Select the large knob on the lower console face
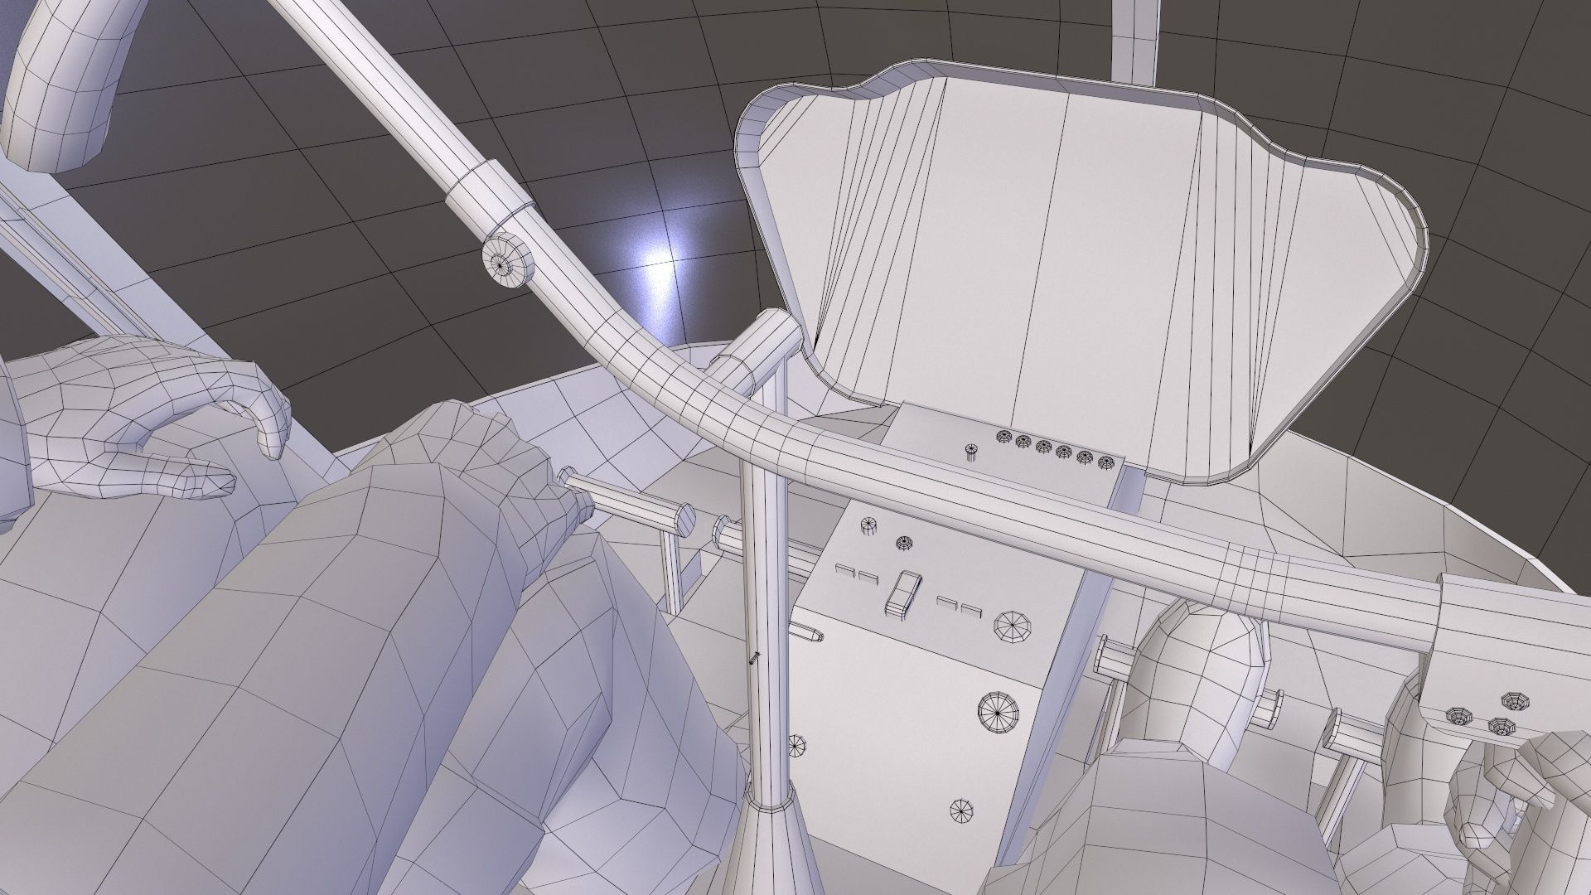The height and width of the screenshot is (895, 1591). click(999, 710)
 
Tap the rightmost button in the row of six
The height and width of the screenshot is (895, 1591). click(1105, 463)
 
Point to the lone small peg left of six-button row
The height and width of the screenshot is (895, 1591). click(971, 452)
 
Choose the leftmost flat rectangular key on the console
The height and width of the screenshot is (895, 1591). click(846, 570)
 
